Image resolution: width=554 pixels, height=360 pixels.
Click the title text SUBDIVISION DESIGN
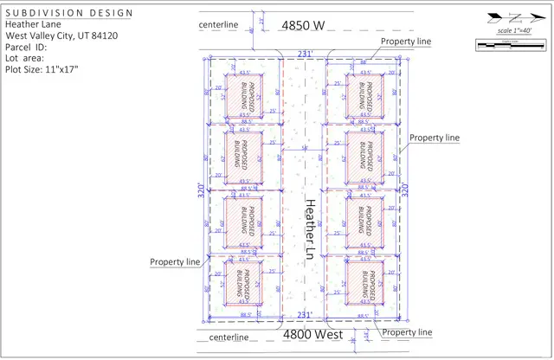pyautogui.click(x=70, y=14)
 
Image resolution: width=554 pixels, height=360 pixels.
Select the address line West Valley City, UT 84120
pyautogui.click(x=62, y=35)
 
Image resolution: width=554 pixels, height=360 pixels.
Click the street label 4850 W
pyautogui.click(x=302, y=25)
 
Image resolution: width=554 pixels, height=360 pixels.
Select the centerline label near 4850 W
pyautogui.click(x=218, y=25)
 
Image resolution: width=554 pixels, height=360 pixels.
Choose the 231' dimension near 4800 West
pyautogui.click(x=305, y=315)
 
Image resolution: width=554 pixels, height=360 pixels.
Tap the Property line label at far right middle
pyautogui.click(x=434, y=138)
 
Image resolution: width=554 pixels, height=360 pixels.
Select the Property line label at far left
pyautogui.click(x=175, y=261)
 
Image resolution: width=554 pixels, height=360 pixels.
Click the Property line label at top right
pyautogui.click(x=405, y=41)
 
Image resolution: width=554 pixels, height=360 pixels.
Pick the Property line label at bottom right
pyautogui.click(x=406, y=332)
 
